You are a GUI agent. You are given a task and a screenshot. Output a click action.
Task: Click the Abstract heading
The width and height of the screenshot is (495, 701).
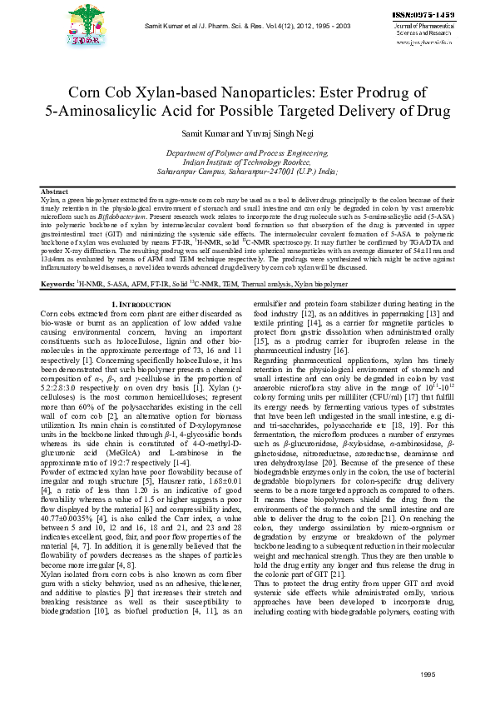54,191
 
